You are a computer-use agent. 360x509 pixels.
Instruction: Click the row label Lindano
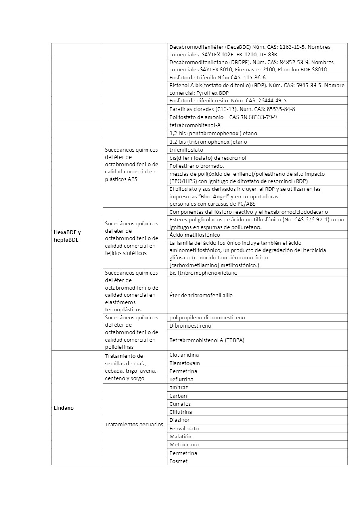(64, 408)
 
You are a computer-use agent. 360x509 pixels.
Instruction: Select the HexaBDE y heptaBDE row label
(67, 236)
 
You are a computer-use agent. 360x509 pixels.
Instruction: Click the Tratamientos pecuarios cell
(134, 424)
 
